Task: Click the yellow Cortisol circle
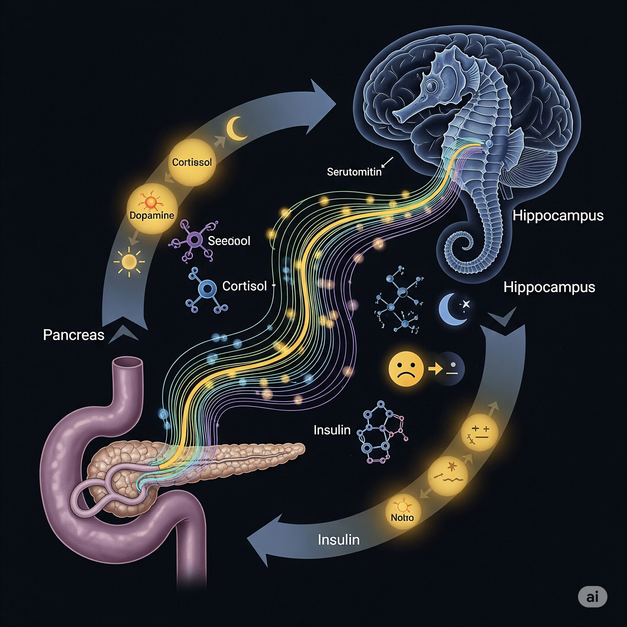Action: (192, 162)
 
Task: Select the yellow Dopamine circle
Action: (152, 208)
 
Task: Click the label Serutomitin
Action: (354, 172)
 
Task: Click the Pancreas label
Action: (74, 335)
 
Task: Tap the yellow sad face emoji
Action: (406, 369)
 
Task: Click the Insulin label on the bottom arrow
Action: (339, 540)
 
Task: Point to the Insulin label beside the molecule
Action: (332, 430)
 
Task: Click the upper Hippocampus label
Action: (558, 215)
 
